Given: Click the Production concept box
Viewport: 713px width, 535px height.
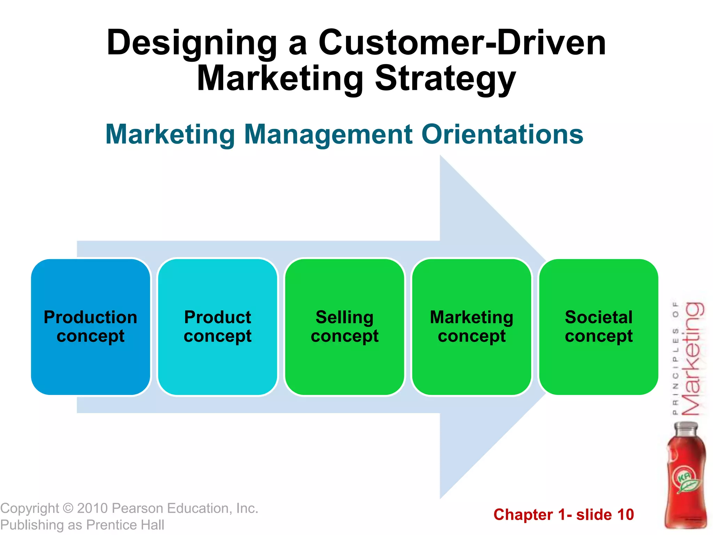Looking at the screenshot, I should coord(91,327).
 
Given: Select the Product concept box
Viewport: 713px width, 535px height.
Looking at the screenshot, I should coord(218,327).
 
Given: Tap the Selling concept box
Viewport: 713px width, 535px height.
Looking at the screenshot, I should coord(345,327).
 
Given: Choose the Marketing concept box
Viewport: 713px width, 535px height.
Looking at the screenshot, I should coord(472,327).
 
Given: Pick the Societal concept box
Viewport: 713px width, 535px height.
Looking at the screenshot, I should coord(599,327).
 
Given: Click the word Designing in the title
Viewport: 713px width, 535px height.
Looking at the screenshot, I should coord(191,44).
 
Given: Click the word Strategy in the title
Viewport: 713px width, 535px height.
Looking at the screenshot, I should coord(445,79).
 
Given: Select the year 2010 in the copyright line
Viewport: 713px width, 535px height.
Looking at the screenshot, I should coord(92,509).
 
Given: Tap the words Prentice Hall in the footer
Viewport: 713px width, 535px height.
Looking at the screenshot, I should coord(125,525).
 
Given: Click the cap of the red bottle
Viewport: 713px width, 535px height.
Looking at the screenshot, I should coord(686,428).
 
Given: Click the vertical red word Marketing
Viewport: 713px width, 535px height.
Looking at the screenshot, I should coord(692,359).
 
